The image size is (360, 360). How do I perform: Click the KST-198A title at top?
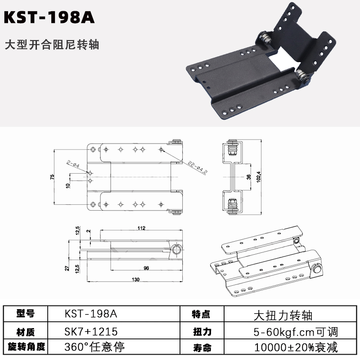[49, 18]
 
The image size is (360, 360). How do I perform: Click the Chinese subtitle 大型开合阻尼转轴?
[52, 45]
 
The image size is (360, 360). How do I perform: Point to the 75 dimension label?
[52, 177]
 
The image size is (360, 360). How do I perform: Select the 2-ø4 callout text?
[73, 164]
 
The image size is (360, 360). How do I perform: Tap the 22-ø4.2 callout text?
[198, 167]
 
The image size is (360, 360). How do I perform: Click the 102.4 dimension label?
[259, 177]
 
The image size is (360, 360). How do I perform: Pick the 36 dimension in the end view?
[249, 177]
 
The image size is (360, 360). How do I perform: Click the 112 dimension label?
[141, 228]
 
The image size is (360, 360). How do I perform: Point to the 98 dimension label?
[146, 268]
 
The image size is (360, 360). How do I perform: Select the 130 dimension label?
[136, 279]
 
